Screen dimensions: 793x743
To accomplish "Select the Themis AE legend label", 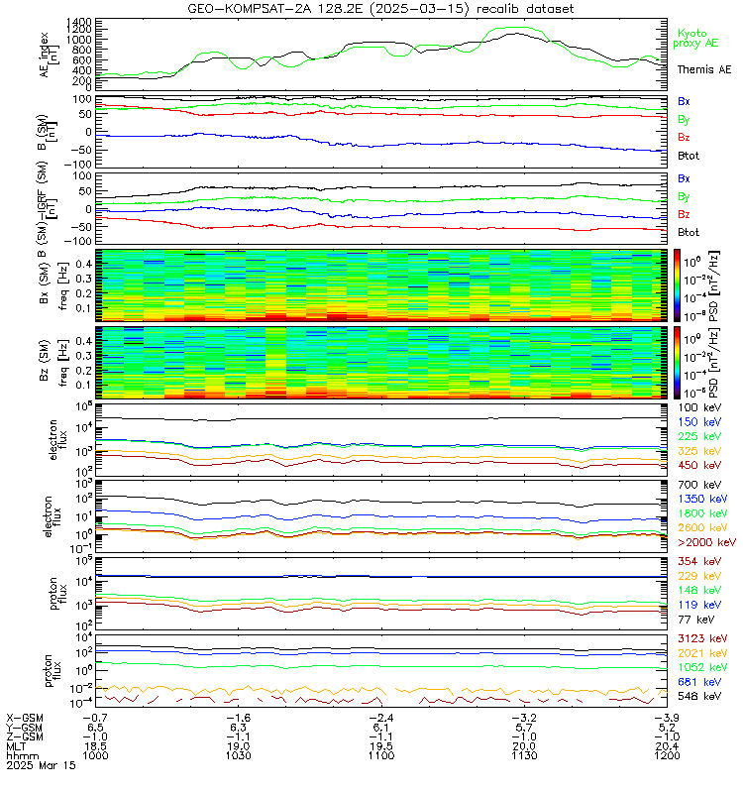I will [703, 69].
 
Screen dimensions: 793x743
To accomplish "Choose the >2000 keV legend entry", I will [703, 542].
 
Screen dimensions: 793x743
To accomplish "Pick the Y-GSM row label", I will [23, 727].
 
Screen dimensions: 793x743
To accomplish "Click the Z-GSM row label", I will [23, 736].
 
